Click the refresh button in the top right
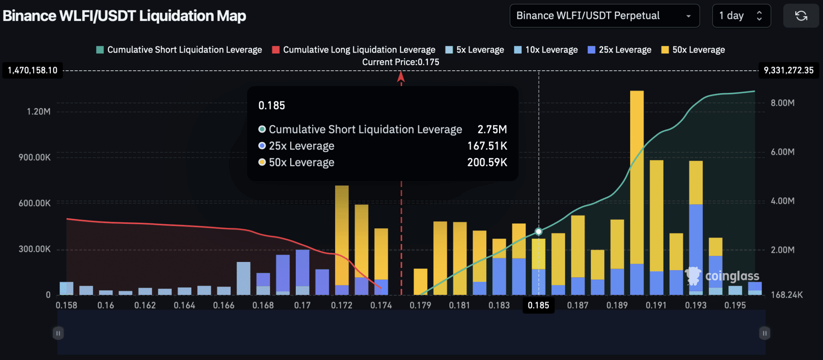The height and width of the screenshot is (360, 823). tap(801, 16)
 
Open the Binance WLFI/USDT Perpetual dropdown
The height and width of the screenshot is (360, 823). tap(604, 16)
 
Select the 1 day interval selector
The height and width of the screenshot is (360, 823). tap(741, 16)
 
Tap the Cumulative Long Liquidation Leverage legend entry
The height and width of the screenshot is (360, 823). tap(354, 50)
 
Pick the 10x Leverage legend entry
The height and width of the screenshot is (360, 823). tap(546, 50)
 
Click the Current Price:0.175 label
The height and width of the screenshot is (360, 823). tap(401, 62)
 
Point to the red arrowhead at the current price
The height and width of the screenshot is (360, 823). tap(401, 77)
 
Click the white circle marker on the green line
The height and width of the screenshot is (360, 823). tap(538, 231)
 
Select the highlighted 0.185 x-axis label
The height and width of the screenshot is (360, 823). tap(538, 305)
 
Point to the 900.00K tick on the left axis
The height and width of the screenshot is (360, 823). tap(35, 157)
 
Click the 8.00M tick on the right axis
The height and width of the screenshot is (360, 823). tap(782, 103)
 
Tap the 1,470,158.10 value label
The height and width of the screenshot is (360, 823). tap(33, 70)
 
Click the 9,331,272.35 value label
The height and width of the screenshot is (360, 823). tap(788, 70)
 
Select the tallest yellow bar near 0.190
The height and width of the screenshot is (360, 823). tap(637, 177)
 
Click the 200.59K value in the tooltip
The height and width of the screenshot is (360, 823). tap(487, 162)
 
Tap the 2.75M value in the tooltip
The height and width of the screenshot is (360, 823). tap(492, 129)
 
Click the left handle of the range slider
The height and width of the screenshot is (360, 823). tap(58, 333)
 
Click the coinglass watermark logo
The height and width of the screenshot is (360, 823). tap(723, 276)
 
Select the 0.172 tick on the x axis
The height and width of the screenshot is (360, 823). tap(342, 305)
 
